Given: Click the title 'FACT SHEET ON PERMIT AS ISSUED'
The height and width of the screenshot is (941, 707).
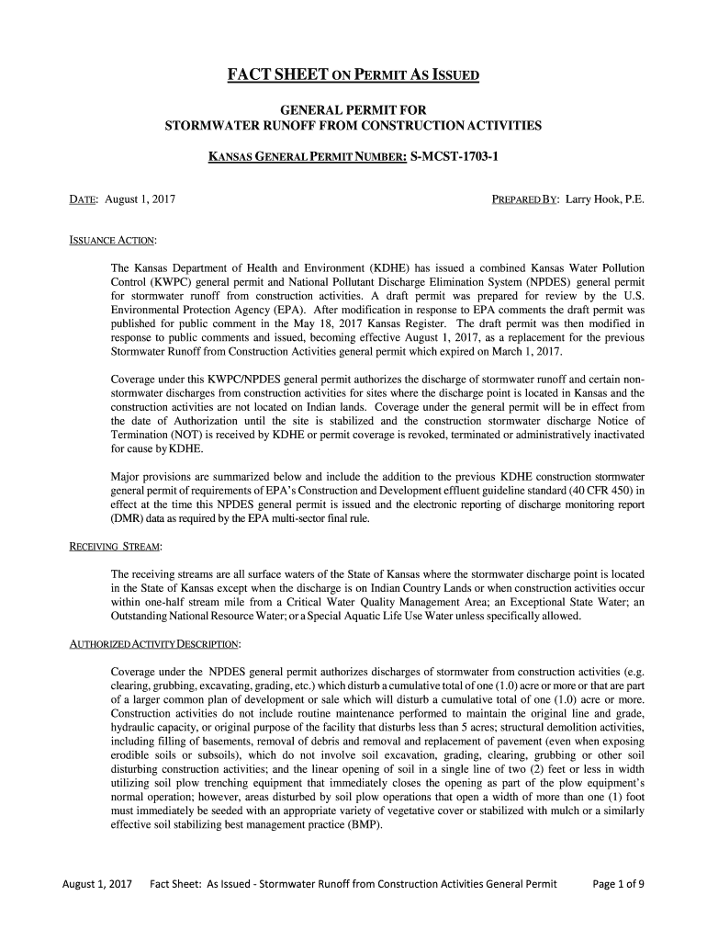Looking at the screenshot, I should (353, 74).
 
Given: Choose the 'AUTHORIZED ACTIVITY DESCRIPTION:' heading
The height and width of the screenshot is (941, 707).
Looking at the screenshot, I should (156, 642).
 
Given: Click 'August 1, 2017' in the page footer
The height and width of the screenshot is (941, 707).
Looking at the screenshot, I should (96, 885).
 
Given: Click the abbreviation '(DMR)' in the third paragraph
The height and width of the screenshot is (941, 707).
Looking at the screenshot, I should (127, 519).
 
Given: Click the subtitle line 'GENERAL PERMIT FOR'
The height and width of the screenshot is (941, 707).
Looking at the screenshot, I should (353, 110).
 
